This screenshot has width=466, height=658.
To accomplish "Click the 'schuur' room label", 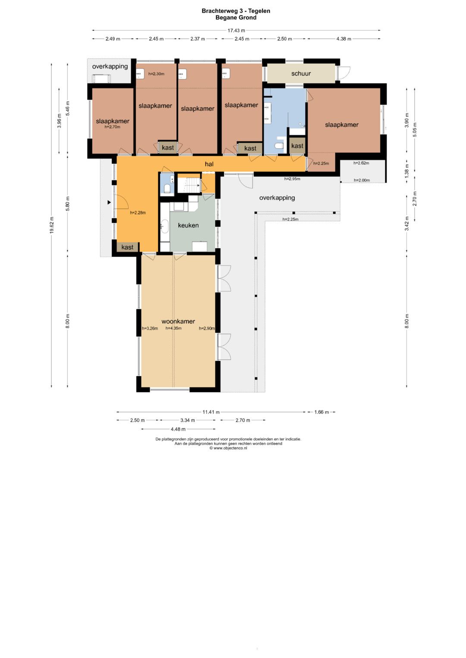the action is pos(301,73).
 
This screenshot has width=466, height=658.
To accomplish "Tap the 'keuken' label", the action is pos(188,225).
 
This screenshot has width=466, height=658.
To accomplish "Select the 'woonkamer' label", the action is pos(178,321).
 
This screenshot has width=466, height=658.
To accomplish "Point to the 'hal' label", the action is pos(209,164).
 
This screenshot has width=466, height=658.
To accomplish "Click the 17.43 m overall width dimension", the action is pos(236,30).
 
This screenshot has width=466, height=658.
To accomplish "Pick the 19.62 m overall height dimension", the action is pos(52,225).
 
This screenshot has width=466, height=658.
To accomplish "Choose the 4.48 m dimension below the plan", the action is pos(178,429).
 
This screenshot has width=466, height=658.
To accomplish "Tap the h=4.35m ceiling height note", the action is pos(173,328).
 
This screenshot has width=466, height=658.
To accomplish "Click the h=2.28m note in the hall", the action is pos(138,213).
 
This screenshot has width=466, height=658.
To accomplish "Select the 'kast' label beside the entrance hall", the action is pos(127,247).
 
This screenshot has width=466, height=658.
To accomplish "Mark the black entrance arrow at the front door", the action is pos(109,203).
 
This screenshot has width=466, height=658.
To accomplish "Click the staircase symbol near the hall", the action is pos(189,185).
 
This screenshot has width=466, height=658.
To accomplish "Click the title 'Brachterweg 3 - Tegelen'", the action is pos(236,11).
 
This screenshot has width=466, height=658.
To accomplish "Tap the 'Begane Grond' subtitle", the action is pos(236,18).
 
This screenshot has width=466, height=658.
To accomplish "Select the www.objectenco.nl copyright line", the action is pos(228,448).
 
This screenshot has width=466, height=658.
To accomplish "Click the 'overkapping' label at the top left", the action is pos(110,66).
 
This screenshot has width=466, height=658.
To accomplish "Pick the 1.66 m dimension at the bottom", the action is pos(321,412).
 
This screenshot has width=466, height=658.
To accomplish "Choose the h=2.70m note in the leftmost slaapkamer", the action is pos(112,127).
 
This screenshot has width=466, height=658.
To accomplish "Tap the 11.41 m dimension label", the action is pos(211,412).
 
